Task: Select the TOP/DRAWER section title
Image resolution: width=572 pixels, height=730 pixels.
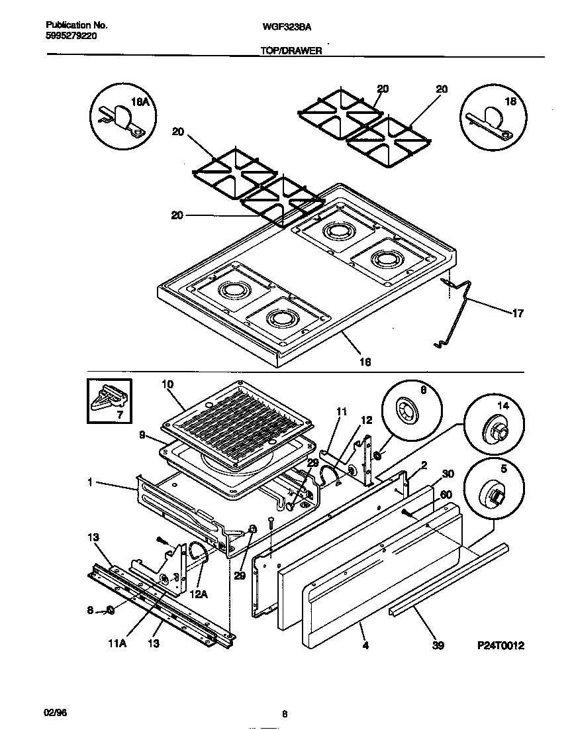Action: [291, 50]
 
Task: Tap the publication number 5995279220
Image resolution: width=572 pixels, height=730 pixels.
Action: [71, 37]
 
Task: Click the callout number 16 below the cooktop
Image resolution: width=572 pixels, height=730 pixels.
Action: [364, 362]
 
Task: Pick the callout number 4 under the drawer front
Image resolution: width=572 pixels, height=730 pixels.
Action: [365, 644]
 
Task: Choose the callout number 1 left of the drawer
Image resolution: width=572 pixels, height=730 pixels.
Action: [89, 483]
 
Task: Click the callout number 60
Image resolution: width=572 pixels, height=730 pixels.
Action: [447, 495]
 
